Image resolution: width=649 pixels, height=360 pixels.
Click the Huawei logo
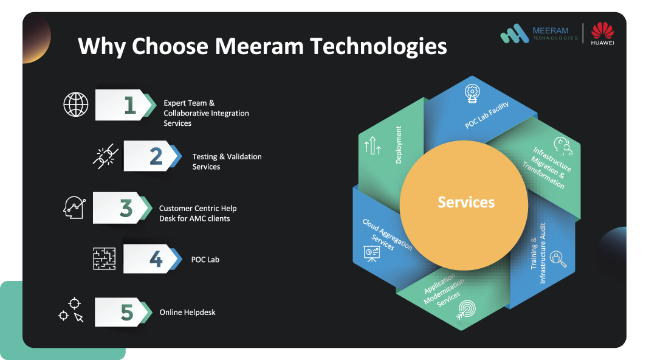[x=602, y=33]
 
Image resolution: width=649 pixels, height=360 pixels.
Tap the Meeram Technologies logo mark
[x=515, y=33]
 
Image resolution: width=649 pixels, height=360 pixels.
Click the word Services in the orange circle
[x=466, y=202]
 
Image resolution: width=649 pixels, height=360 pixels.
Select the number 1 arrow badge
[x=126, y=105]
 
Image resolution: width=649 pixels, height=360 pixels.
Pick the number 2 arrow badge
[x=153, y=156]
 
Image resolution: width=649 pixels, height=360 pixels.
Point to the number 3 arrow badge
[x=123, y=208]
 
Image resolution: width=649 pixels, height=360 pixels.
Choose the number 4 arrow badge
[x=153, y=258]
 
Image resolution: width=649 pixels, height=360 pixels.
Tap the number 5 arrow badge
[x=123, y=312]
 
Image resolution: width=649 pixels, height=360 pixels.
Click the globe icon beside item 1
[x=76, y=105]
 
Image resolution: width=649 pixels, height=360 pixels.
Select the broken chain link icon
[x=105, y=156]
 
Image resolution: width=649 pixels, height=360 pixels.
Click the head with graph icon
[x=75, y=207]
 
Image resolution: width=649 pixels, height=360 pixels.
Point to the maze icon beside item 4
[x=105, y=258]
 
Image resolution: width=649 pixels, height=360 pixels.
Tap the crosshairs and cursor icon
[x=71, y=310]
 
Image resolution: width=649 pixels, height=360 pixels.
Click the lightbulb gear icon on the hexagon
[x=472, y=94]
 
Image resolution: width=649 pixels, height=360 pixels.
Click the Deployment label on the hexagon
[x=399, y=145]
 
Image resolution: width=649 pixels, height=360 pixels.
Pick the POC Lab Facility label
[x=487, y=115]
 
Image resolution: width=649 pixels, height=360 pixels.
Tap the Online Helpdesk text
[x=188, y=313]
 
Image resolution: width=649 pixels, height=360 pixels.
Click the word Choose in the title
[x=170, y=46]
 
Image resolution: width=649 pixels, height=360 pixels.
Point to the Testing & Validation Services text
[x=227, y=162]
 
